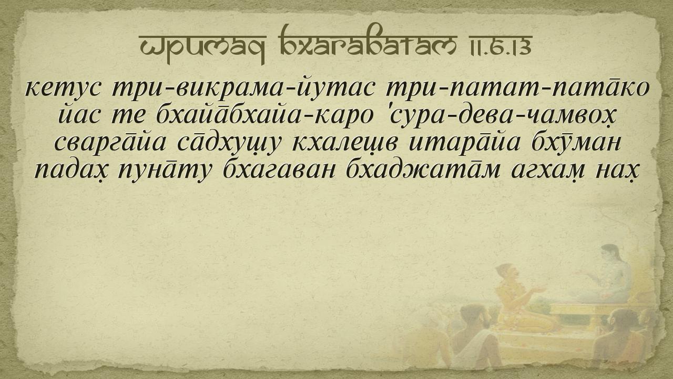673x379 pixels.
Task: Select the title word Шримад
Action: point(203,47)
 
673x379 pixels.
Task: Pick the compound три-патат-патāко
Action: point(518,89)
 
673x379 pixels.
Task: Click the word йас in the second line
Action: point(79,115)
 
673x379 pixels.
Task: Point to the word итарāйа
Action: point(464,143)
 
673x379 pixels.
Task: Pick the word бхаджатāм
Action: point(423,169)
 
